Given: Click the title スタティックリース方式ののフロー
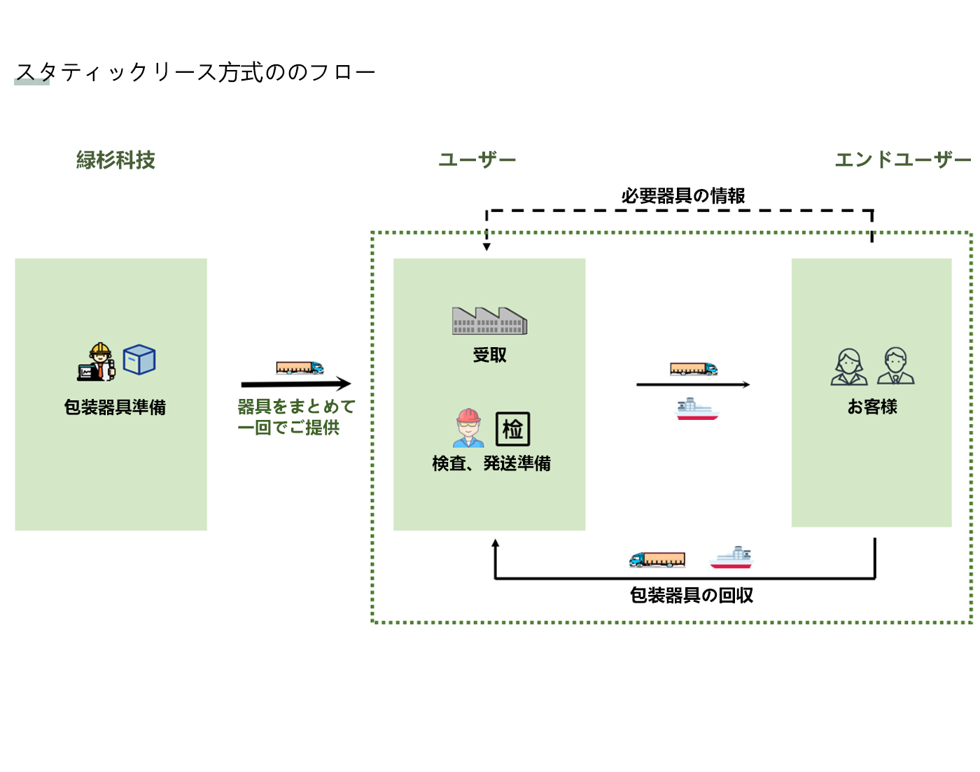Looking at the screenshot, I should click(x=195, y=72).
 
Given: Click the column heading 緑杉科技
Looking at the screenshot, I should click(x=115, y=160).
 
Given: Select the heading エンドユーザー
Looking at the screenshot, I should click(x=903, y=160).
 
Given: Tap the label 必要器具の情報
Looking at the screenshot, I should click(x=683, y=196).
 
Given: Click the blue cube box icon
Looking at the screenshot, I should click(x=139, y=360).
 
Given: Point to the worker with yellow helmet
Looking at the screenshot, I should click(x=98, y=362).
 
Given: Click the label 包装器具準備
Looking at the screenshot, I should click(x=115, y=407).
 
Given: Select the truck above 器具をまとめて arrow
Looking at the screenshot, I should click(x=300, y=368).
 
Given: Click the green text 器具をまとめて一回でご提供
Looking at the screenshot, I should click(x=296, y=417).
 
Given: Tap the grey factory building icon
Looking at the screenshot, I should click(x=489, y=321).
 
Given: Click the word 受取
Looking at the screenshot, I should click(x=489, y=356).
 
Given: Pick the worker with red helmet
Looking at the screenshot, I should click(x=468, y=428).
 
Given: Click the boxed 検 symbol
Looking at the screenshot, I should click(x=512, y=429).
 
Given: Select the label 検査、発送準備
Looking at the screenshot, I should click(x=491, y=463).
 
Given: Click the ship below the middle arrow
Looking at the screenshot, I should click(x=696, y=409).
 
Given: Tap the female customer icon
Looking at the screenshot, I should click(x=849, y=367).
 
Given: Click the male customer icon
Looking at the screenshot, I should click(x=895, y=366).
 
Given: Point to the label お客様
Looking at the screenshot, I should click(x=872, y=407).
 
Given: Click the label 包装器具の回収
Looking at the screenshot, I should click(x=692, y=596).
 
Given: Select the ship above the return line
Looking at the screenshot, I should click(x=731, y=558).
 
